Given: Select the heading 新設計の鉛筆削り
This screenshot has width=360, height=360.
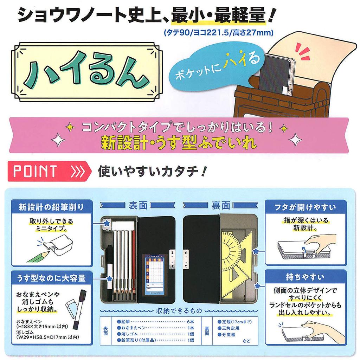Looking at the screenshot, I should click(x=51, y=206).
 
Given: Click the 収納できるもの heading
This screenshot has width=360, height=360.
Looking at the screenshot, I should click(x=179, y=311).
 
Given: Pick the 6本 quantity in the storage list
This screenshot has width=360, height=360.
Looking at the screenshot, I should click(x=191, y=322).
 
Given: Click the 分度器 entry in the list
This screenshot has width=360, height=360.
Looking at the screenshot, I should click(x=229, y=334).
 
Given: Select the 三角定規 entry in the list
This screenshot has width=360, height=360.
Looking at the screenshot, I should click(x=231, y=328).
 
